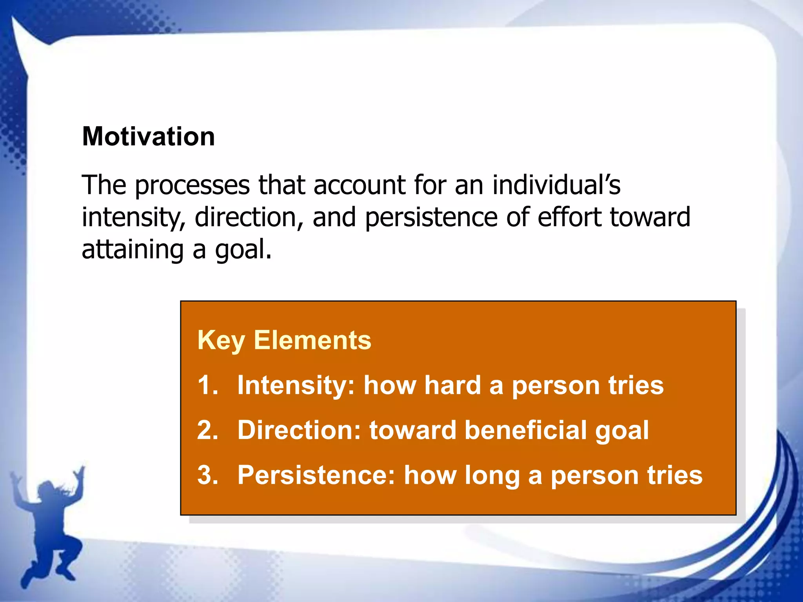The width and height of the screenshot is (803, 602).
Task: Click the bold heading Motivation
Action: tap(148, 136)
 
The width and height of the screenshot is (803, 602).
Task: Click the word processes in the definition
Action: tap(192, 185)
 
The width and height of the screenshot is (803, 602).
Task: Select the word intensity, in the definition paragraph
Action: tap(133, 218)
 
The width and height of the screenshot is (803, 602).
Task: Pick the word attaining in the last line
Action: tap(133, 250)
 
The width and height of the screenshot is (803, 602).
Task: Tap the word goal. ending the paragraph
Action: tap(243, 250)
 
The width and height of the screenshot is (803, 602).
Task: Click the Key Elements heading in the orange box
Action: tap(284, 340)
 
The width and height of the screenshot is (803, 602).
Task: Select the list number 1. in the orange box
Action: tap(208, 385)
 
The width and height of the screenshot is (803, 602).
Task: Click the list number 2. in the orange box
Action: tap(208, 430)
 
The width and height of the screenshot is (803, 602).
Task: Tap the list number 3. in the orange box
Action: tap(208, 475)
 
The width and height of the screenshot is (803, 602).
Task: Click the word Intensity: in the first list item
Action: tap(296, 385)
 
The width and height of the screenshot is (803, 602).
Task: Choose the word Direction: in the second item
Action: tap(299, 430)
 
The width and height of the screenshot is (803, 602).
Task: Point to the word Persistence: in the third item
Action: tap(316, 475)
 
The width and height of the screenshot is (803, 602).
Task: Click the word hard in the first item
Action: tap(452, 385)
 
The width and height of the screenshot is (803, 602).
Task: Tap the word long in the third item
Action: tap(492, 476)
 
